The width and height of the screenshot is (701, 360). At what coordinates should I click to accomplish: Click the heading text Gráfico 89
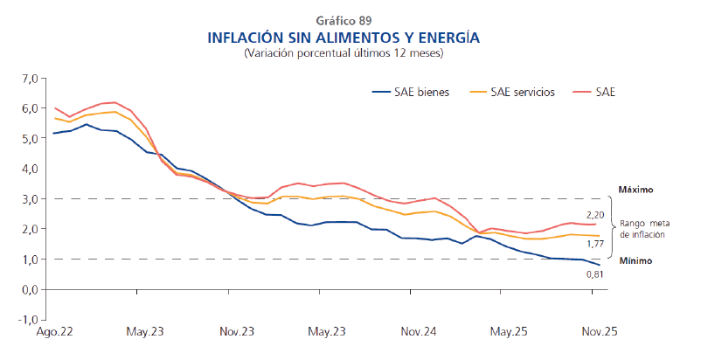click(x=344, y=20)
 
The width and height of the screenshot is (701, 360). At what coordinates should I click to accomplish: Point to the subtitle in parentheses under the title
click(x=344, y=53)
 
